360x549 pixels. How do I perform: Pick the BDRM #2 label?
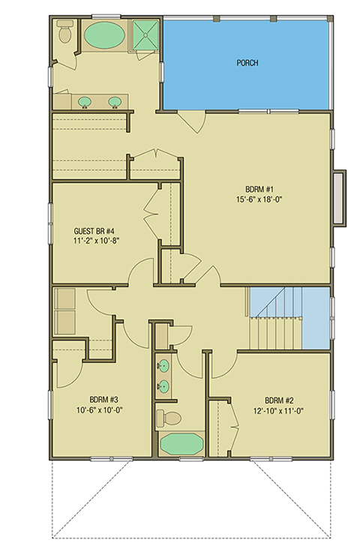pyautogui.click(x=277, y=400)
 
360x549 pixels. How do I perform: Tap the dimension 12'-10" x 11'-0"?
pyautogui.click(x=277, y=410)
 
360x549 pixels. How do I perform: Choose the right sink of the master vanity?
pyautogui.click(x=115, y=101)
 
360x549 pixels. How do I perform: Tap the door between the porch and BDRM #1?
pyautogui.click(x=190, y=118)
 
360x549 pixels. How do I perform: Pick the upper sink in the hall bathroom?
pyautogui.click(x=164, y=367)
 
